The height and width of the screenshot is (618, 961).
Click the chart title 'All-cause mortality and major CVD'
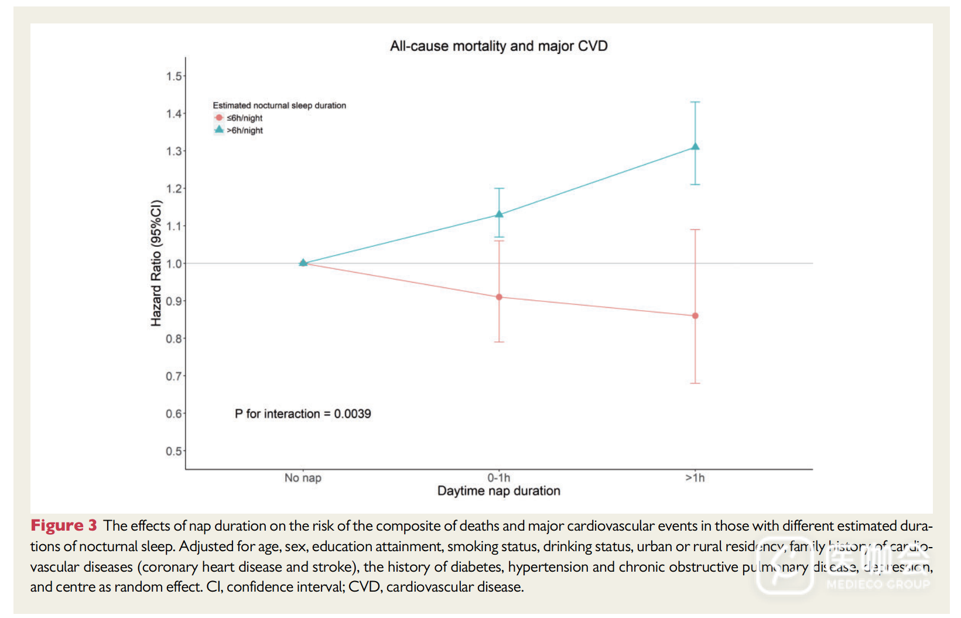coord(499,46)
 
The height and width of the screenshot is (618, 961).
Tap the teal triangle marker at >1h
coord(695,147)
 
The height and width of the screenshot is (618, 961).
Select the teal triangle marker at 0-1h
coord(499,214)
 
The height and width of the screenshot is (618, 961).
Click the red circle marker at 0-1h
coord(499,297)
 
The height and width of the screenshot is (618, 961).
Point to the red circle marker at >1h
coord(695,316)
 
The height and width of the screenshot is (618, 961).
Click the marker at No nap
coord(303,263)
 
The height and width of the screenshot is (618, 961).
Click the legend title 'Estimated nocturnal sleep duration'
coord(279,106)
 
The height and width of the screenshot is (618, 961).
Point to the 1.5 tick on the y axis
coord(174,76)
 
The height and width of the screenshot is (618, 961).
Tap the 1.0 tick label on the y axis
coord(174,264)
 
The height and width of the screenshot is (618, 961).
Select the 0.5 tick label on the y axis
coord(174,451)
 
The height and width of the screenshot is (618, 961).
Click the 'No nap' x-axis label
coord(303,478)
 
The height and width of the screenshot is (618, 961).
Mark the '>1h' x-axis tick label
coord(695,478)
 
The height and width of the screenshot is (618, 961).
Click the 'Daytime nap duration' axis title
coord(499,491)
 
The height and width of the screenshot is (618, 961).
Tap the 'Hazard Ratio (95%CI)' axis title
coord(156,263)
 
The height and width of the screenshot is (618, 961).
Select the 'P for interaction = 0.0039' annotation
coord(303,414)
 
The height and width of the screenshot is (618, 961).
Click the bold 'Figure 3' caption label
coord(64,525)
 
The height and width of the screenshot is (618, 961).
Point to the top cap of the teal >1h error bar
coord(695,102)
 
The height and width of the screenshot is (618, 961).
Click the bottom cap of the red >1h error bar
coord(695,383)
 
